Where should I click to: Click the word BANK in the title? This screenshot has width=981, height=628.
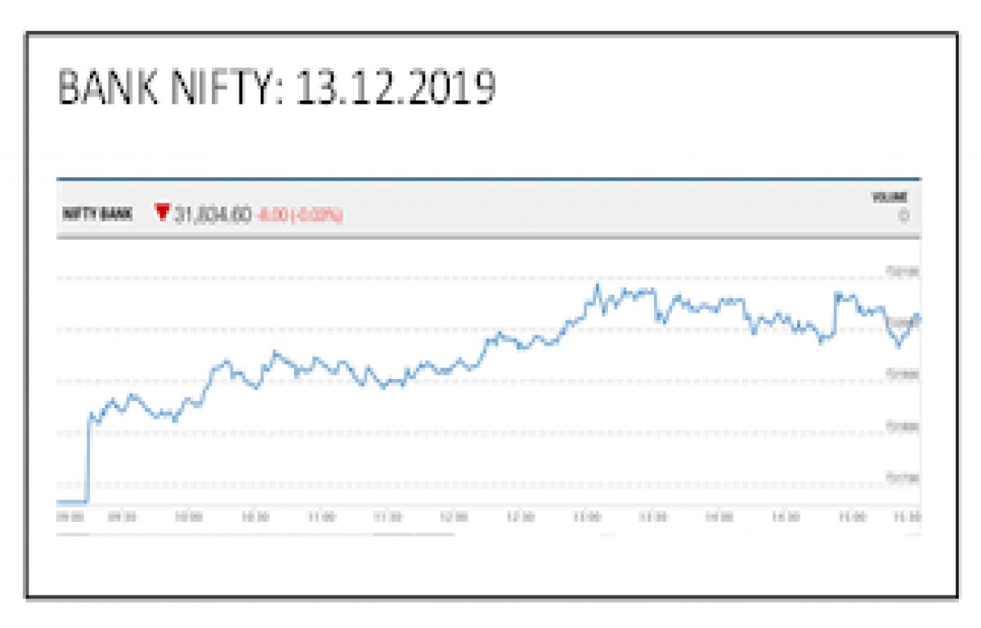point(110,89)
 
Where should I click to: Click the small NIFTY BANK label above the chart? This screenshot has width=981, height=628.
point(98,215)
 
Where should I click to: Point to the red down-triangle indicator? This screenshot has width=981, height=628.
point(162,213)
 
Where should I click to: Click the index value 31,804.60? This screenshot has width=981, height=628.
point(212,215)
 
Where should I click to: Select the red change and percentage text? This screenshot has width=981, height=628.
point(299,216)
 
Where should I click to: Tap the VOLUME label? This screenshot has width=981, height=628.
point(889,198)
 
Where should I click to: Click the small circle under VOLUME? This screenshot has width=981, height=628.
point(903,216)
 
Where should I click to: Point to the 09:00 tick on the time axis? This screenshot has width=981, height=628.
point(69,517)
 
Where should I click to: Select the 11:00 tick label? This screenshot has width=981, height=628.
point(321,517)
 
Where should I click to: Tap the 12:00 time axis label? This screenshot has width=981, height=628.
point(454,517)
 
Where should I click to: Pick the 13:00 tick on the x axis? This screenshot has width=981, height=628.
point(586,517)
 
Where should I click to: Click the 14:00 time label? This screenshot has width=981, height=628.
point(719,517)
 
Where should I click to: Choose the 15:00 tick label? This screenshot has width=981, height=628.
point(851,517)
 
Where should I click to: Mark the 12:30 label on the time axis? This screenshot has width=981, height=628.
point(520,517)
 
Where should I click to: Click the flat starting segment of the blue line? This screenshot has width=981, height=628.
point(72,501)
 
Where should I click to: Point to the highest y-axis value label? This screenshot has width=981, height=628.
point(903,271)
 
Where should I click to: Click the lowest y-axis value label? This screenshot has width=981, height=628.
point(903,477)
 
